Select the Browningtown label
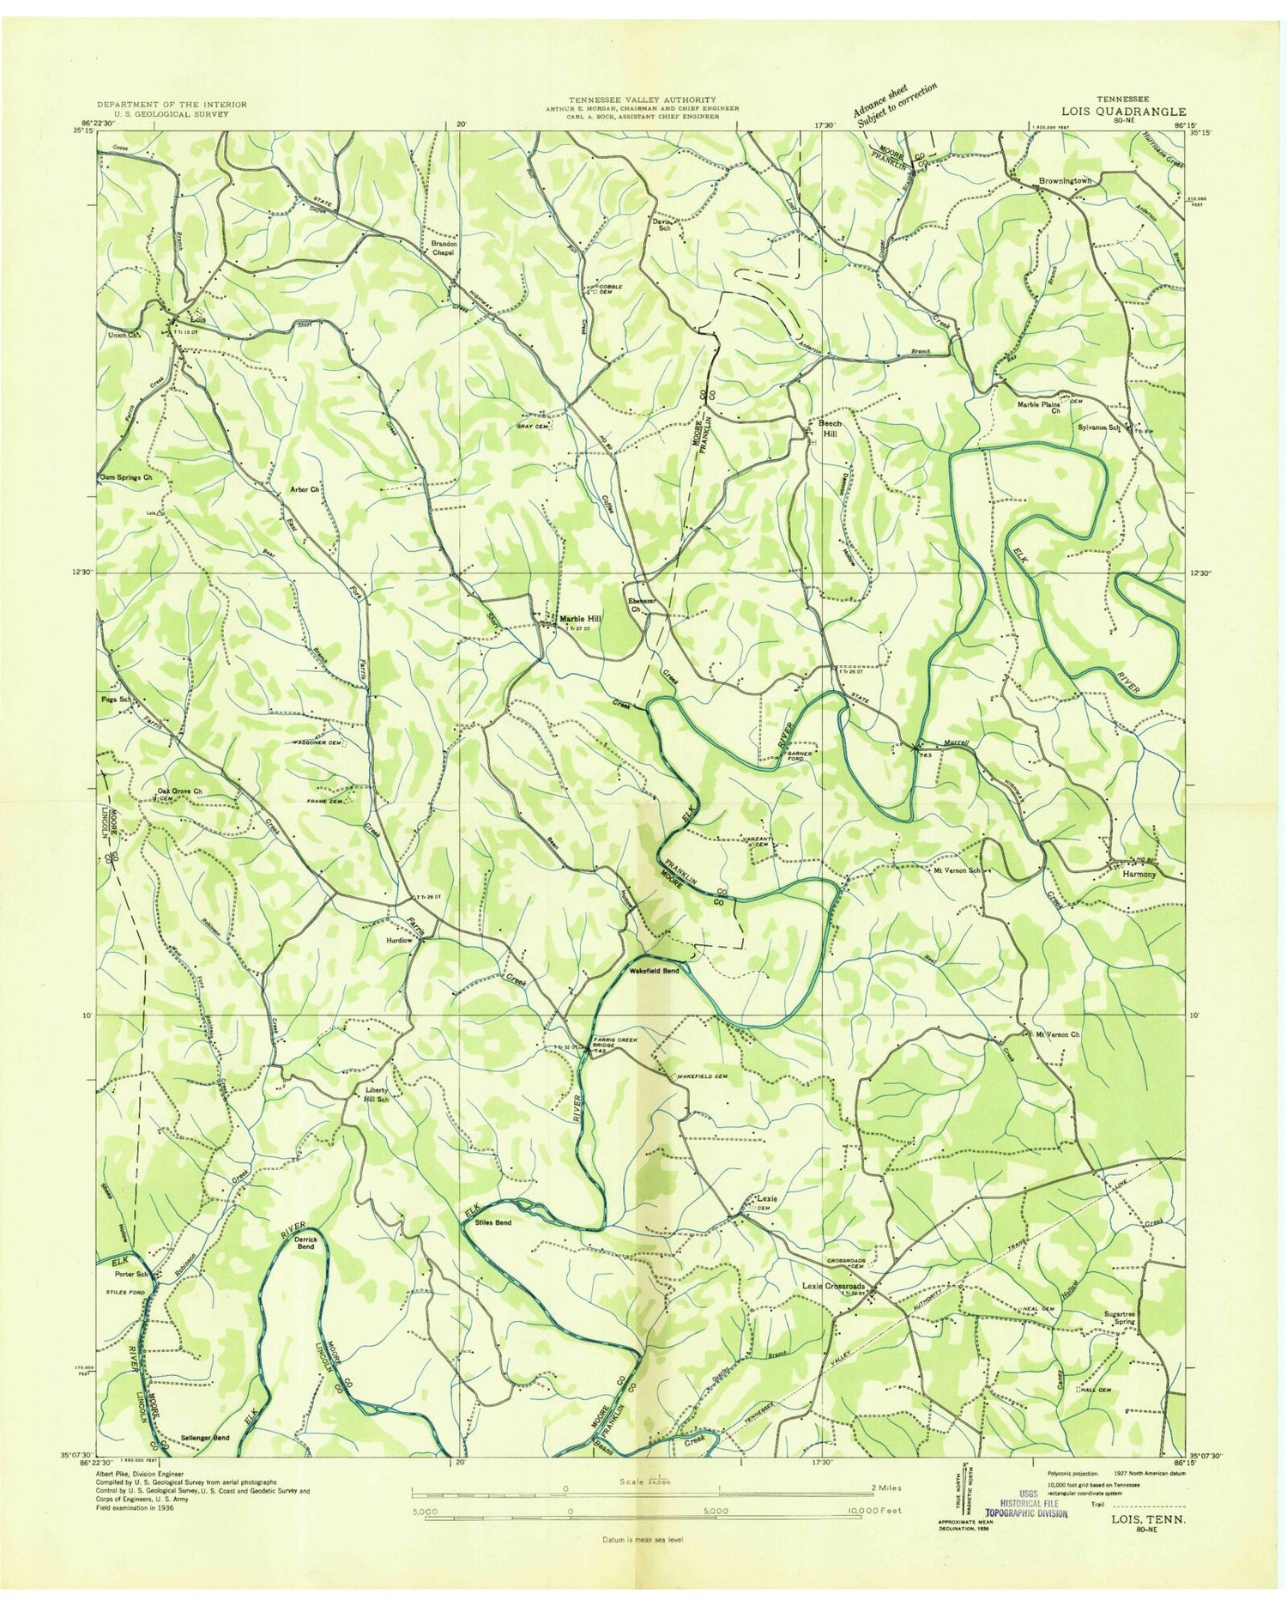click(x=1065, y=181)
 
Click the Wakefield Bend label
click(x=654, y=971)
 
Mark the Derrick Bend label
click(x=306, y=1243)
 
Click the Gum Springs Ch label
click(x=125, y=476)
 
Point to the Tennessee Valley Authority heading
click(x=641, y=100)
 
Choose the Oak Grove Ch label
click(x=178, y=791)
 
